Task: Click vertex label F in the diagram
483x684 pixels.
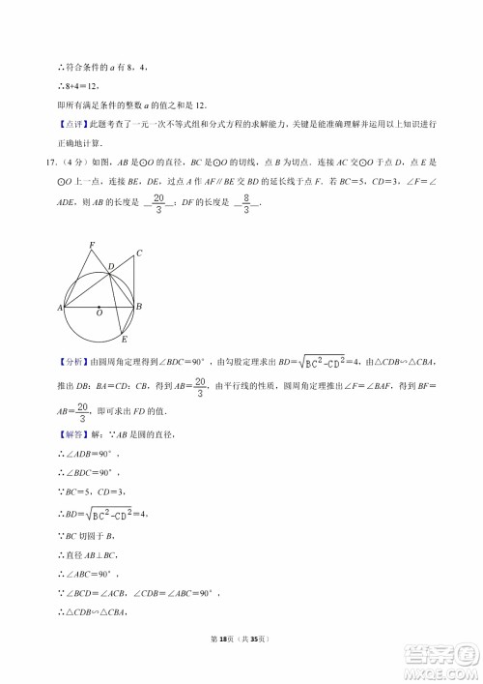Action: point(92,245)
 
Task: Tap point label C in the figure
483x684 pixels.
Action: point(139,253)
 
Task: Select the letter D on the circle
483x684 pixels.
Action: point(111,265)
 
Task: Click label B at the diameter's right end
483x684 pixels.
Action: point(140,306)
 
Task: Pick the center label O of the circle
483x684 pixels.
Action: point(99,313)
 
